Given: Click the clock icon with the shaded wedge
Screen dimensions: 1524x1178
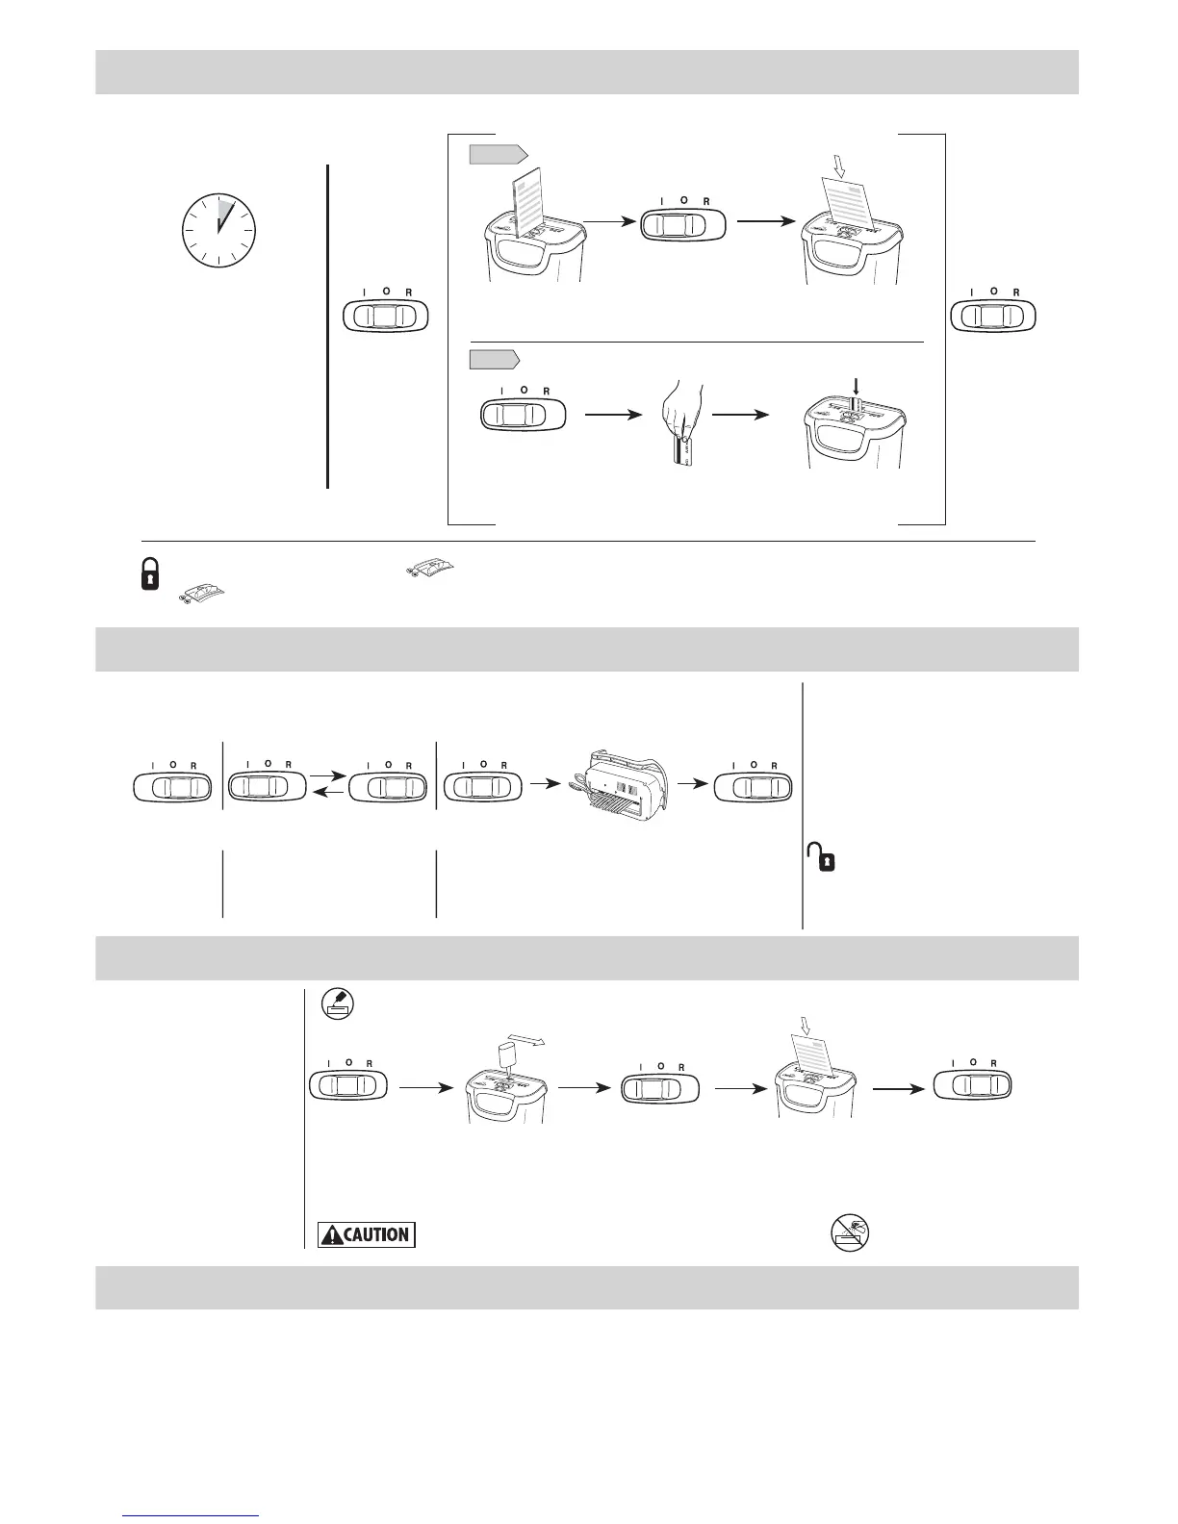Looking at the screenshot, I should [218, 230].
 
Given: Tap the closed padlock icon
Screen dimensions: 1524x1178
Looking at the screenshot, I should [150, 577].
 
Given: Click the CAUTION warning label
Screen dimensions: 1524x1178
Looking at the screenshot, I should [367, 1234].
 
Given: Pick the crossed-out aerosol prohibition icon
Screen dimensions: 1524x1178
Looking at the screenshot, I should [852, 1232].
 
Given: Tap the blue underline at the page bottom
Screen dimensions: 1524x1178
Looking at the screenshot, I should [192, 1517].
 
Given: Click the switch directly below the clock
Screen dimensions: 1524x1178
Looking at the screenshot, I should [385, 317].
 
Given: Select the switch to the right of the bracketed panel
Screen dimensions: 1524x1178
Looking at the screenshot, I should [991, 317].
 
